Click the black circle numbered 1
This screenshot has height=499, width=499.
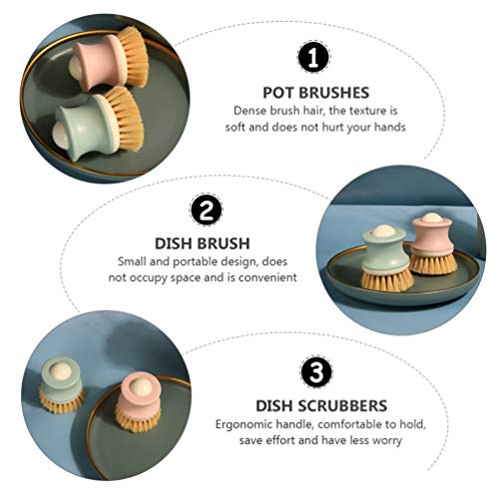pyautogui.click(x=313, y=57)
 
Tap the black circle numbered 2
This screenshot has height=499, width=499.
pyautogui.click(x=206, y=210)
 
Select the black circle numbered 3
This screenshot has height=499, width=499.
pyautogui.click(x=316, y=371)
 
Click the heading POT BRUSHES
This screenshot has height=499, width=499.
pyautogui.click(x=316, y=93)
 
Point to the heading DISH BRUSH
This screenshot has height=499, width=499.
pyautogui.click(x=203, y=244)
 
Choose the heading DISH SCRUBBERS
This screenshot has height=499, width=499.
pyautogui.click(x=321, y=405)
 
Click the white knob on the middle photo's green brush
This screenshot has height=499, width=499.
pyautogui.click(x=384, y=231)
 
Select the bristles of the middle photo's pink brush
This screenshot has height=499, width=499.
pyautogui.click(x=433, y=261)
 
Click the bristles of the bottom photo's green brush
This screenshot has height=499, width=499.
pyautogui.click(x=61, y=401)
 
